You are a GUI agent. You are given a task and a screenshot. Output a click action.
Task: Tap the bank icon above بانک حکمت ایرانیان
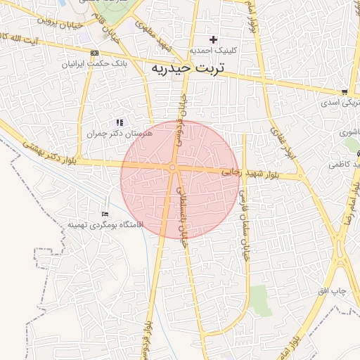point(95,53)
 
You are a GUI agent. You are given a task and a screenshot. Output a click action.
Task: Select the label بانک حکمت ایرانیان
point(94,63)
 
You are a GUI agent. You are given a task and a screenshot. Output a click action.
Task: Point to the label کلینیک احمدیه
point(214,51)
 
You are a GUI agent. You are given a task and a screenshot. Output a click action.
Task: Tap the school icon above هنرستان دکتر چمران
point(119,122)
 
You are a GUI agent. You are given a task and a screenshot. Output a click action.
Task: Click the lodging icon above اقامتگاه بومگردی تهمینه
point(105,214)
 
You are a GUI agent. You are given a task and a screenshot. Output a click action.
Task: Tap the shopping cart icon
point(344,92)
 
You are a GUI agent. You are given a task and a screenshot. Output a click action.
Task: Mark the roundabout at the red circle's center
point(172,167)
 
